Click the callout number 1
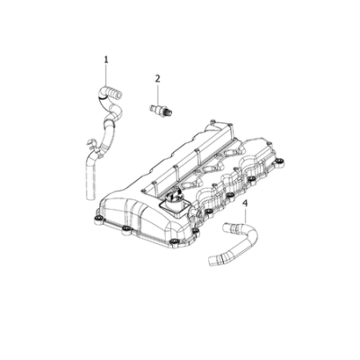106,59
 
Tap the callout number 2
157,78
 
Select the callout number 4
246,203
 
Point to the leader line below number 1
106,75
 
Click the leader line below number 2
157,94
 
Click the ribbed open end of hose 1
116,92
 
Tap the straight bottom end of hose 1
91,192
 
